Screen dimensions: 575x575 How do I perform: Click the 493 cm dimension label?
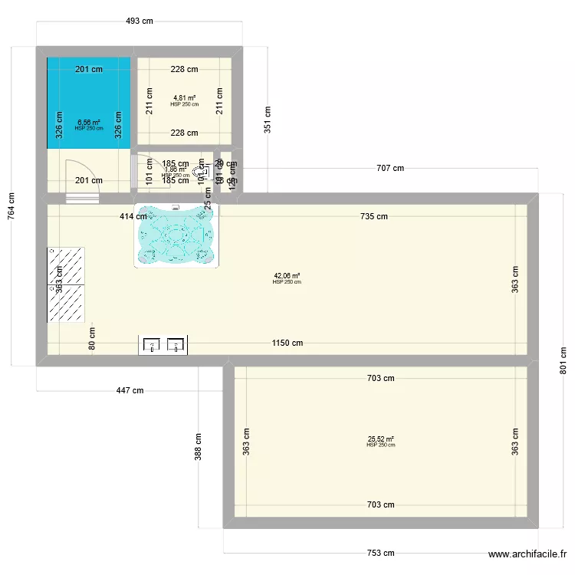click(x=140, y=21)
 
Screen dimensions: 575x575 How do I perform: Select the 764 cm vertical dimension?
click(x=11, y=206)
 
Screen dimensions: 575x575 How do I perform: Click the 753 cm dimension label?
click(x=379, y=553)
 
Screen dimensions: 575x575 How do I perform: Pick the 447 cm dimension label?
click(x=129, y=390)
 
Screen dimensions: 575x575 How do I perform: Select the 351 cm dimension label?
click(x=267, y=120)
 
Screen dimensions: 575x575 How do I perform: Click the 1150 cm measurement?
click(x=287, y=343)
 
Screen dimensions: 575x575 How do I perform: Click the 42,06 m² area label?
click(x=287, y=276)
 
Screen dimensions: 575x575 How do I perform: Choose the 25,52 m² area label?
click(x=380, y=439)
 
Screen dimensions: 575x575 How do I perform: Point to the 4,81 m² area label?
click(x=184, y=98)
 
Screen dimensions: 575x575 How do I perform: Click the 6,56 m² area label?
click(x=89, y=122)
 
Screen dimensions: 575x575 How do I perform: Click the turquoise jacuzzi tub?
click(x=176, y=235)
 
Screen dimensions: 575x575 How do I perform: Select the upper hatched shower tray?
click(x=66, y=265)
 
